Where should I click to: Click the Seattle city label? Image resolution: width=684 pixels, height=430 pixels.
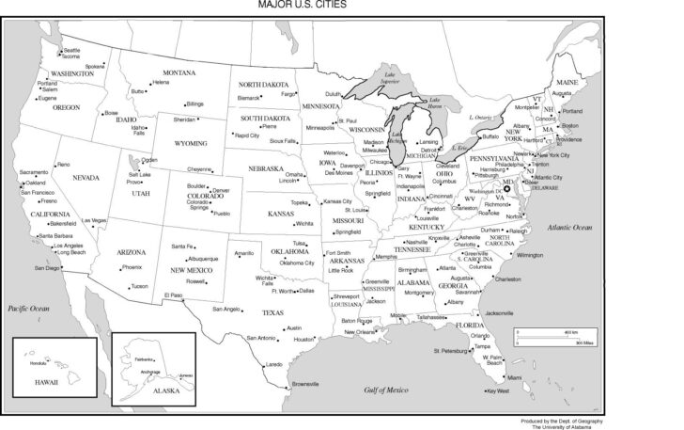[x=71, y=49]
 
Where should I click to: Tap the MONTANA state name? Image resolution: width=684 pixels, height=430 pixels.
[x=179, y=72]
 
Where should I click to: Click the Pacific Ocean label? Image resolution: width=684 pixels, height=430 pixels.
[x=27, y=308]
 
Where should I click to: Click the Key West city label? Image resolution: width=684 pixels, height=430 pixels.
[x=497, y=391]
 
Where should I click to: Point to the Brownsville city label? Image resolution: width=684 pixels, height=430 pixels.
[x=305, y=384]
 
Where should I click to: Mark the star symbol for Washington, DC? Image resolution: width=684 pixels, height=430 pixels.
[x=507, y=188]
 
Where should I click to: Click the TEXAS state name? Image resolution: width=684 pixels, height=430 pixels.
[x=272, y=311]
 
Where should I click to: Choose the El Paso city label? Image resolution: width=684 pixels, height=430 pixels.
[x=173, y=295]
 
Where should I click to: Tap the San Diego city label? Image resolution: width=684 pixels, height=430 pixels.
[x=46, y=268]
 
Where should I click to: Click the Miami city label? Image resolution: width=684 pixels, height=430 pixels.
[x=514, y=377]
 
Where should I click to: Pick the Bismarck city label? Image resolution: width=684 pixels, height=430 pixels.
[x=248, y=97]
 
